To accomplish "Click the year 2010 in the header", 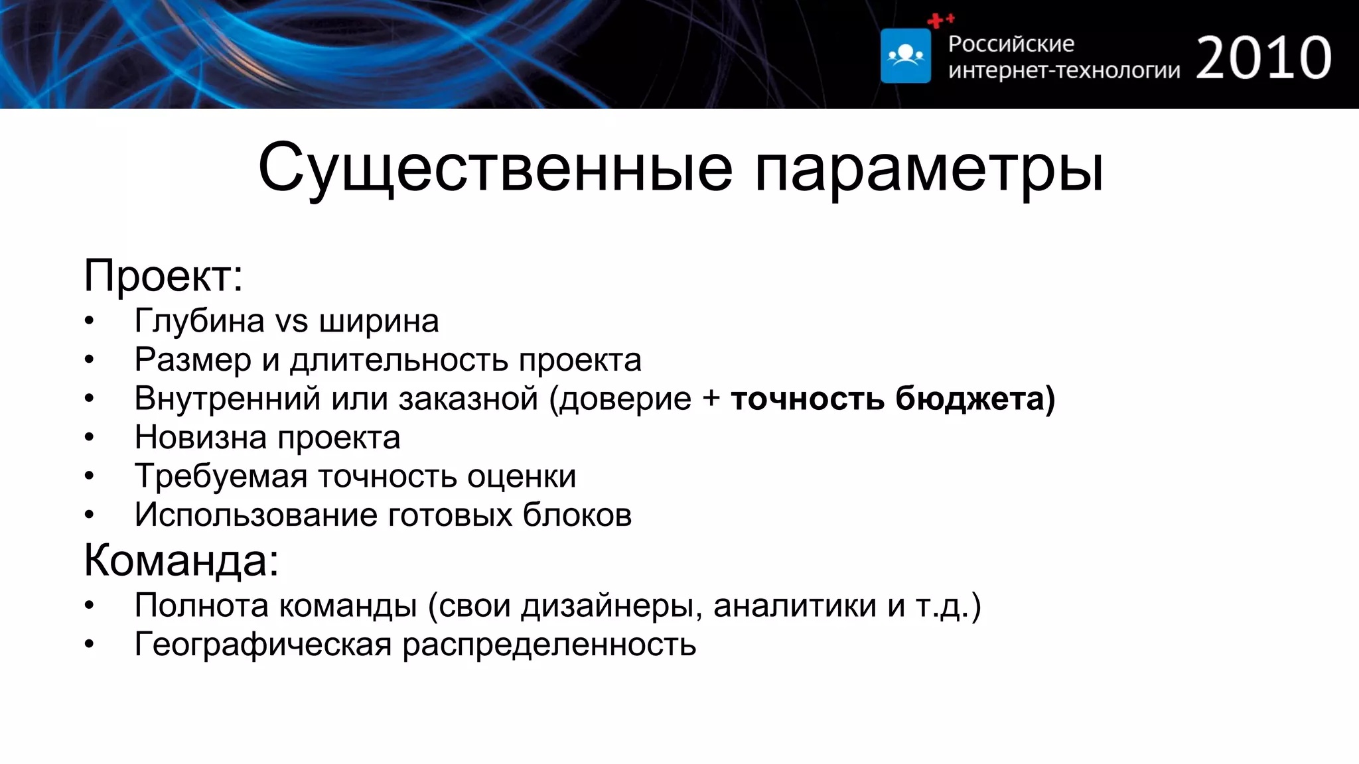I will tap(1263, 58).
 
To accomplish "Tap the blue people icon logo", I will tap(906, 56).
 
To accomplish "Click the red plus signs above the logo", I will tap(940, 21).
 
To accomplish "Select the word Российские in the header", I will tap(1011, 44).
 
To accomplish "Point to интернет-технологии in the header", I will tap(1064, 70).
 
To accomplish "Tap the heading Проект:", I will tap(163, 275).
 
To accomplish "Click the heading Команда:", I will tap(181, 560).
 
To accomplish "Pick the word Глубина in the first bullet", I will tap(199, 322).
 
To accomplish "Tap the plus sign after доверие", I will tap(711, 399).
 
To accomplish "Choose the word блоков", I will tap(577, 515).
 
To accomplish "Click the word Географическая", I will tap(263, 645).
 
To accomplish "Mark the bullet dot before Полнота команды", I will tap(90, 605).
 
